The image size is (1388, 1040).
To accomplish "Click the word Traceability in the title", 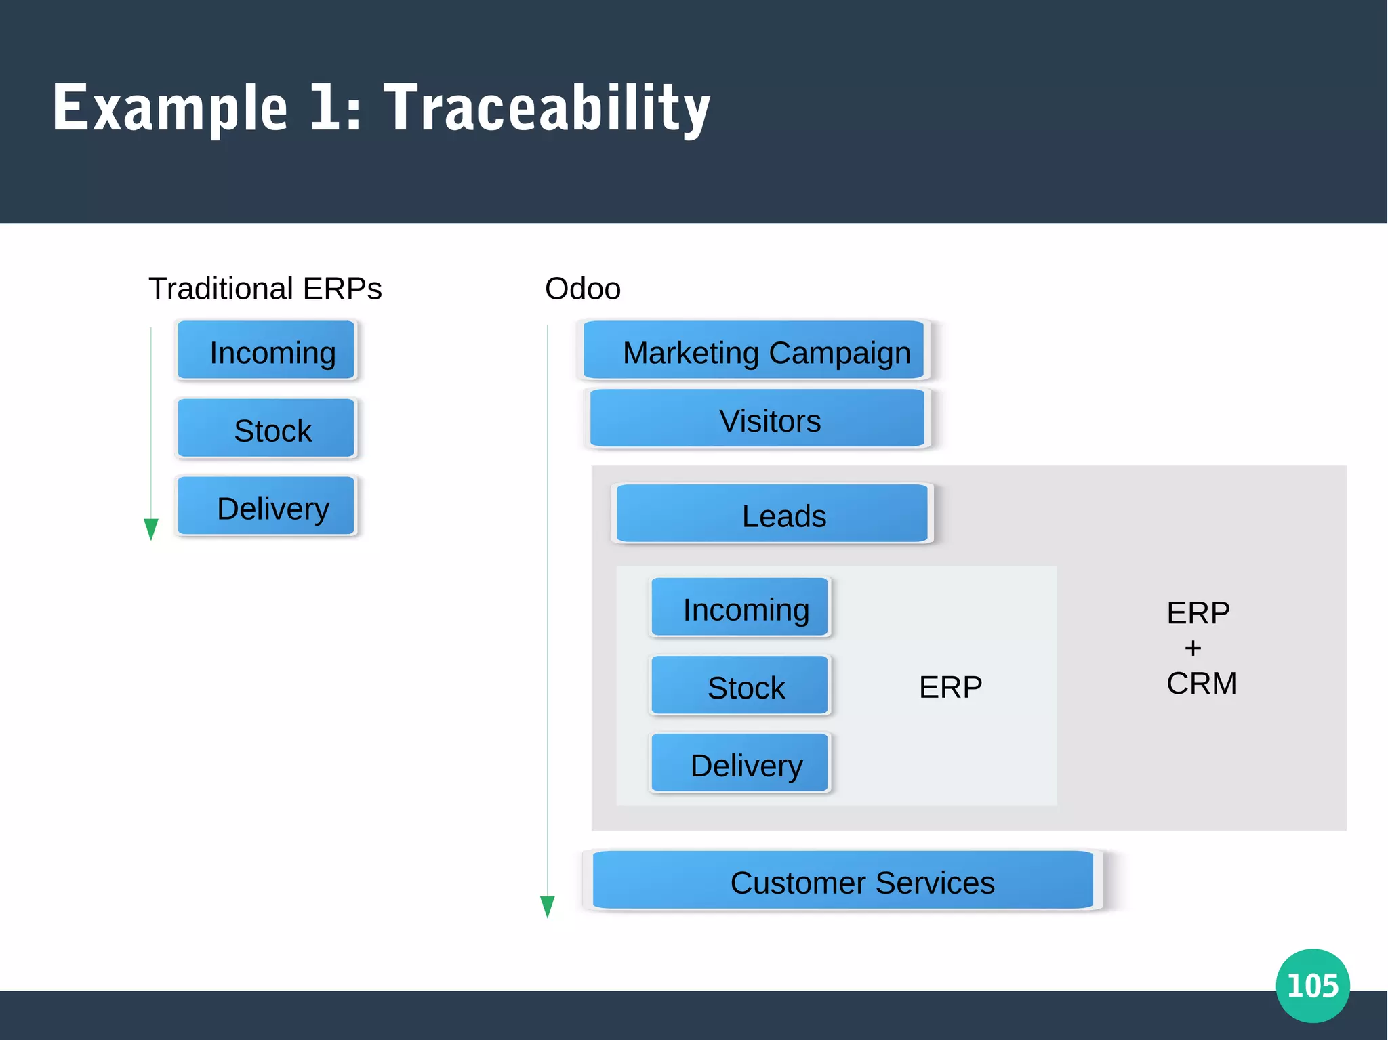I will click(548, 108).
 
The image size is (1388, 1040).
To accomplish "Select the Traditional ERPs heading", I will click(265, 289).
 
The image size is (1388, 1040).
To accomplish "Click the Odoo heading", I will click(582, 289).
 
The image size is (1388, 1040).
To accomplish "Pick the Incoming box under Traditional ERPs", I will click(266, 350).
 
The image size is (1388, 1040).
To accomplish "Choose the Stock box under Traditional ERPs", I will click(266, 428).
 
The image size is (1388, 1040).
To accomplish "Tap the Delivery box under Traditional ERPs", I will click(266, 506).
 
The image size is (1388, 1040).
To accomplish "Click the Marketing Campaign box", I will click(754, 350).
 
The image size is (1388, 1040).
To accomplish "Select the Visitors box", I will click(757, 419).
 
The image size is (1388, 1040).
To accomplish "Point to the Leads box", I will click(772, 514).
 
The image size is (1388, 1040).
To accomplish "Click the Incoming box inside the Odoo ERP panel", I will click(740, 607).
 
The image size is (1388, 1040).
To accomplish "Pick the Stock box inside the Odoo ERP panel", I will click(740, 685).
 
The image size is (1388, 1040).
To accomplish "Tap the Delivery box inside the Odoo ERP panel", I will click(740, 763).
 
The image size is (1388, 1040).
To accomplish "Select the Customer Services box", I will click(843, 880).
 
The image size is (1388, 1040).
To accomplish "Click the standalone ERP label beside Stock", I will click(950, 687).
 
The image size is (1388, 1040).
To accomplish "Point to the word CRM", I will click(1202, 683).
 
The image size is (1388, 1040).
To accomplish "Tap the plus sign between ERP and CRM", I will click(1193, 648).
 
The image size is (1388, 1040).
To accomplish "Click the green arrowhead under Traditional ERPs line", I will click(151, 528).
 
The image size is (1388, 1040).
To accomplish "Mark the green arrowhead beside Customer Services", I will click(548, 905).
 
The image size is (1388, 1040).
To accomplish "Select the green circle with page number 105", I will click(1313, 985).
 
